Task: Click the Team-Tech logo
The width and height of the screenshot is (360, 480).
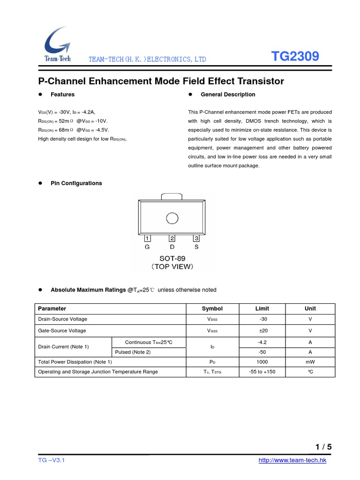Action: [57, 44]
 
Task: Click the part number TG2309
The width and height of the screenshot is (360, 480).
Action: [295, 57]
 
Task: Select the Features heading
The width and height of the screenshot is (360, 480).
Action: [62, 95]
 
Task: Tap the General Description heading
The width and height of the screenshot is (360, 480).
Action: [228, 95]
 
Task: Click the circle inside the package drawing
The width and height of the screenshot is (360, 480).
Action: [172, 218]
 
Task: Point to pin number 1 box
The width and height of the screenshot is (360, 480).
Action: [147, 239]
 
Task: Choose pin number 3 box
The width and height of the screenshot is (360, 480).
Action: [196, 239]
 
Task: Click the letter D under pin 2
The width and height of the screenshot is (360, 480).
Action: [172, 247]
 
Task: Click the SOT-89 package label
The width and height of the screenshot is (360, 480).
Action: [172, 258]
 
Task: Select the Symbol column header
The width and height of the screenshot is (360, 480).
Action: [212, 308]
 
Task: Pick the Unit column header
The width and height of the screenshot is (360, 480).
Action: [310, 308]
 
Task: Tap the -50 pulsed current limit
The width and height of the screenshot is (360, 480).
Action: [262, 352]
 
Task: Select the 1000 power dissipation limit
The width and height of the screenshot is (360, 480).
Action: [262, 362]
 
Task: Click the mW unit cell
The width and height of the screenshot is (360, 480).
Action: [310, 362]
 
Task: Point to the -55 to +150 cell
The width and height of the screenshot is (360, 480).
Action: [262, 372]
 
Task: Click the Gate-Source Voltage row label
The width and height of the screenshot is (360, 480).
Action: [62, 330]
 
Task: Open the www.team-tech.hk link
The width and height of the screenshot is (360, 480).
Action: [292, 461]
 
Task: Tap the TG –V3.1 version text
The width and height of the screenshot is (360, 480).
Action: [51, 461]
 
